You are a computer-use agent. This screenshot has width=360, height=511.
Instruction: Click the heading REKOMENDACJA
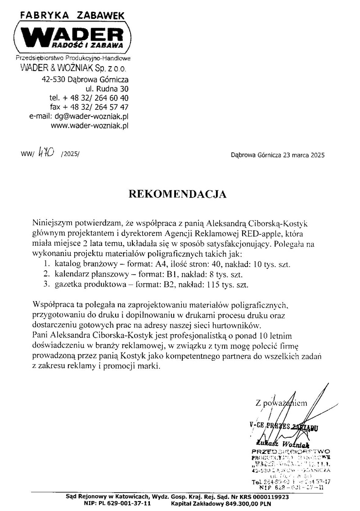[178, 194]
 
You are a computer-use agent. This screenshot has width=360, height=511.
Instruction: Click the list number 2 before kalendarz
[46, 274]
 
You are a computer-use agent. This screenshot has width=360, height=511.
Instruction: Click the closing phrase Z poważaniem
[281, 403]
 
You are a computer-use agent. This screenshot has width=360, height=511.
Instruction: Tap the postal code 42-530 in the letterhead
[54, 80]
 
